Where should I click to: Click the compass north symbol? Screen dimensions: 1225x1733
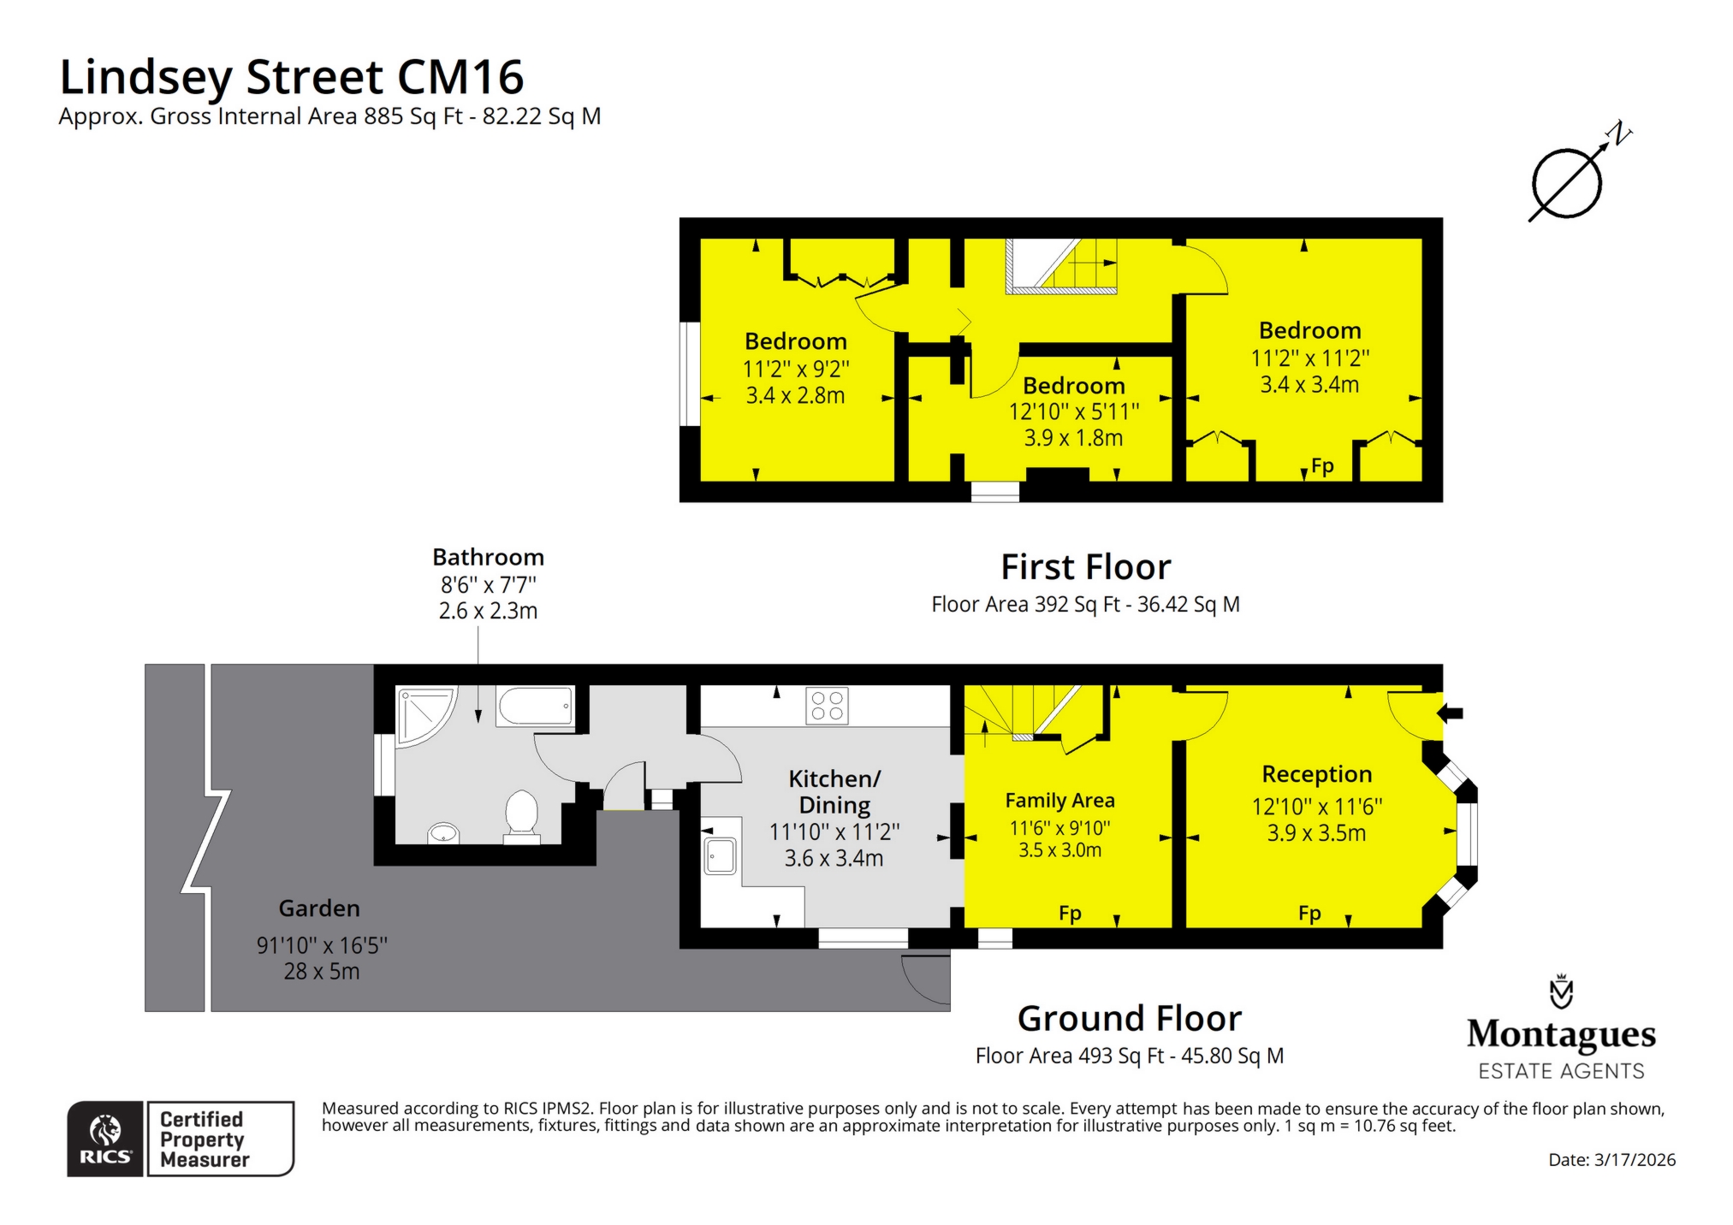[x=1567, y=182]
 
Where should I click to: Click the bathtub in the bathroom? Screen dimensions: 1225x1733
[x=536, y=706]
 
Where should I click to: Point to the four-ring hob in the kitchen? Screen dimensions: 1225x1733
[x=827, y=706]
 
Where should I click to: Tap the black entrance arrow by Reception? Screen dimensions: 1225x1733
[x=1451, y=713]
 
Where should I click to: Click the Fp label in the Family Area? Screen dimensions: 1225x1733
[x=1070, y=913]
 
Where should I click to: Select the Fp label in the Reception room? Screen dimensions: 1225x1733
[x=1309, y=913]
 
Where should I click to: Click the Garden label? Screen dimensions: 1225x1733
[x=319, y=908]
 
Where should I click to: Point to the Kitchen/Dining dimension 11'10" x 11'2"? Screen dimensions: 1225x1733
[x=834, y=831]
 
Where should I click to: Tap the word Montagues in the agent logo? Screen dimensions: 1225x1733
[x=1561, y=1034]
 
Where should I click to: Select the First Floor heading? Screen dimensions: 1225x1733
[x=1085, y=567]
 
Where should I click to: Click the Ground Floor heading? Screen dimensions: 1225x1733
[x=1129, y=1018]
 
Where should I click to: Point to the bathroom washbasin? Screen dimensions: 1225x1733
[x=443, y=832]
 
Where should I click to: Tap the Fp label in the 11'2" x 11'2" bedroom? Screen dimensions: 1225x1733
[x=1322, y=466]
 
